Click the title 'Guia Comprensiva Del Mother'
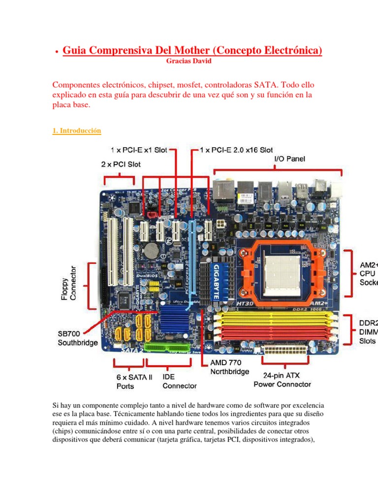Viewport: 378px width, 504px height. click(192, 50)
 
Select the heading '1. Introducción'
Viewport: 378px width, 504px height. click(76, 130)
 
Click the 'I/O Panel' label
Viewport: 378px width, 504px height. click(289, 158)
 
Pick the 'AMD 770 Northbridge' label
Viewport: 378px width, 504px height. click(230, 367)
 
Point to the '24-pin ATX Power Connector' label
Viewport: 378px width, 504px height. click(283, 379)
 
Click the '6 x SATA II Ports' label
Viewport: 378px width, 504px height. click(134, 381)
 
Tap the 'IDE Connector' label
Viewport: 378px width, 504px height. click(180, 381)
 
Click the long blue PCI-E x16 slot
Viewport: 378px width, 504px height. click(191, 266)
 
